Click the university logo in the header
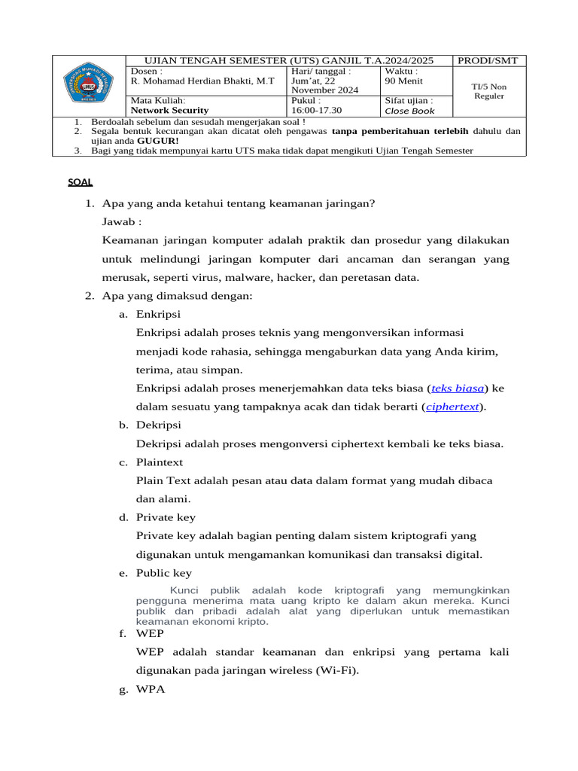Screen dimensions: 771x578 (87, 86)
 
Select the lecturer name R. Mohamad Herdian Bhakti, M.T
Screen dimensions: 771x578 (202, 81)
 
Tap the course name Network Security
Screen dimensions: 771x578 (169, 110)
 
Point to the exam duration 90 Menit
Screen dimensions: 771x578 (403, 81)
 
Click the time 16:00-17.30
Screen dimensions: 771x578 (316, 110)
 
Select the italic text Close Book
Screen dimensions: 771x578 (409, 111)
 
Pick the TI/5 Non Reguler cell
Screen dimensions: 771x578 (489, 91)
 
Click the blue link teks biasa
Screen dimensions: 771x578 (458, 389)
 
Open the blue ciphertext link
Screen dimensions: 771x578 (452, 407)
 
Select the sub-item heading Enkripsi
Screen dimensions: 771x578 (158, 314)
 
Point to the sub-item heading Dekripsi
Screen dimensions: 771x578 (158, 425)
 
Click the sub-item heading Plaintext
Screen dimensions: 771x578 (160, 462)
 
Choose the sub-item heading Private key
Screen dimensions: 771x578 (166, 517)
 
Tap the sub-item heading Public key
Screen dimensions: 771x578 (163, 573)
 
